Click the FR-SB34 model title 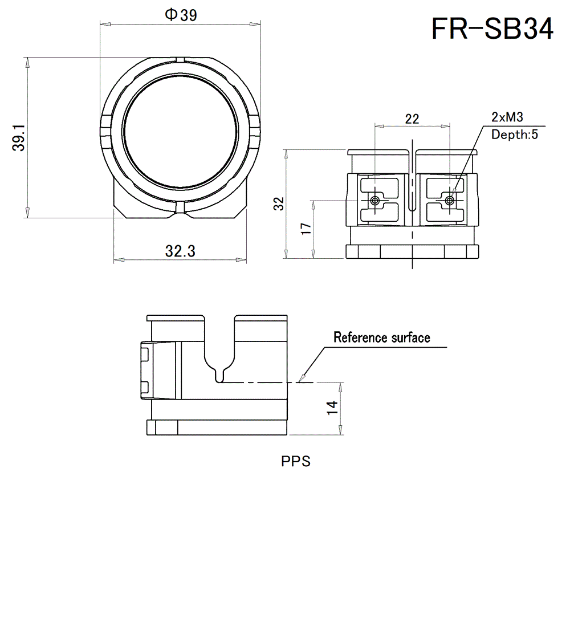click(492, 28)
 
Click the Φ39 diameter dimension click(181, 15)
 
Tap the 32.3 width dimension click(180, 251)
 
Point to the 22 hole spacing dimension click(412, 119)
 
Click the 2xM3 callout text click(507, 117)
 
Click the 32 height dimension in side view click(278, 204)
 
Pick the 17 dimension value click(306, 229)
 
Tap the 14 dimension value click(332, 408)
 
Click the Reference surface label click(381, 337)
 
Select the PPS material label click(296, 461)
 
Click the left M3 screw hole click(374, 201)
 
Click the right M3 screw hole click(450, 201)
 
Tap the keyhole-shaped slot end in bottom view click(220, 376)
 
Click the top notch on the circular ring click(180, 59)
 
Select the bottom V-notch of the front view click(180, 215)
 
